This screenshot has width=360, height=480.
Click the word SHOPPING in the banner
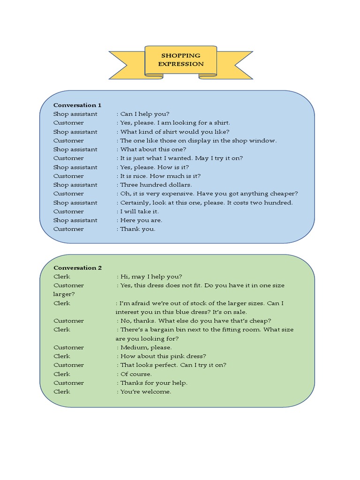181,55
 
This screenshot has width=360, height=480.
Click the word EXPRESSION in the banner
181,64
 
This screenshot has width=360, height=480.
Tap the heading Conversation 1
77,105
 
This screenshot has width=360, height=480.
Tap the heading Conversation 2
78,268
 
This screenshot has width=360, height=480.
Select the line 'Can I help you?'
145,114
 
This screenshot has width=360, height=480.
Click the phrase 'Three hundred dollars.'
156,185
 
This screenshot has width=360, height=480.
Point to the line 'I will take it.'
140,211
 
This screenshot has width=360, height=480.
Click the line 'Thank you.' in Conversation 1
138,229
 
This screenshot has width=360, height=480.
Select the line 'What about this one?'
153,150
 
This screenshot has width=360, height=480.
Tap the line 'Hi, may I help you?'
151,277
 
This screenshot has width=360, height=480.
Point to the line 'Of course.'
136,374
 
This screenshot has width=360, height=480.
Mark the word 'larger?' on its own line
64,294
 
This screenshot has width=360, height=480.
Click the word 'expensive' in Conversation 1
179,194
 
